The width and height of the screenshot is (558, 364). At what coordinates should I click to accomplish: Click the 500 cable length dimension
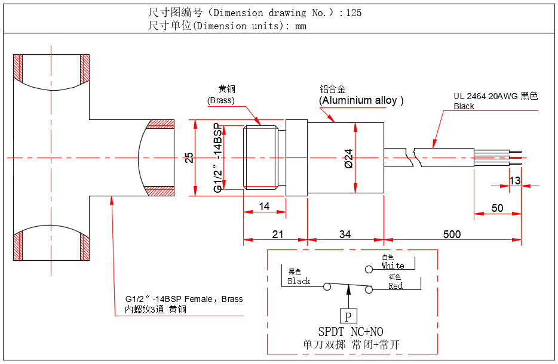click(452, 234)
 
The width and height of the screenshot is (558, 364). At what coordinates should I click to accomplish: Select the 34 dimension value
click(345, 234)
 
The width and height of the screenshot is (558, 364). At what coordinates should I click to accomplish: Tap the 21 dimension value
click(278, 234)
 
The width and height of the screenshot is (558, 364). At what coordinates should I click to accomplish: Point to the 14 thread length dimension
click(265, 206)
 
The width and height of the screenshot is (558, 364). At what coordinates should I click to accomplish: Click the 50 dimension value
click(497, 208)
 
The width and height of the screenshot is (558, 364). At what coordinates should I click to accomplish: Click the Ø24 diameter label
click(348, 158)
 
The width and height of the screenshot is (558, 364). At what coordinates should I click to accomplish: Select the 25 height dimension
click(189, 158)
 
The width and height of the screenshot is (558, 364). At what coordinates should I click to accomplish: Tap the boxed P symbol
click(348, 316)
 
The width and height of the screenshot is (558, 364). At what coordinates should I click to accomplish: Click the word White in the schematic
click(393, 266)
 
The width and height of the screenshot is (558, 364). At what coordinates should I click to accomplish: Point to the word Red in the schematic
click(395, 286)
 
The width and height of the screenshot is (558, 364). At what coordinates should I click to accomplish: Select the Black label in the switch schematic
click(299, 281)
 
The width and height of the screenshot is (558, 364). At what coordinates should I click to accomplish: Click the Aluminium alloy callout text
click(361, 100)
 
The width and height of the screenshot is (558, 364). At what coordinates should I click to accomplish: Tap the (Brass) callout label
click(221, 100)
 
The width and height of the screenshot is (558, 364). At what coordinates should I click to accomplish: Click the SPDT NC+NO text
click(351, 332)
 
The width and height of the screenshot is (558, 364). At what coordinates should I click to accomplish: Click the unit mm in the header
click(301, 26)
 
